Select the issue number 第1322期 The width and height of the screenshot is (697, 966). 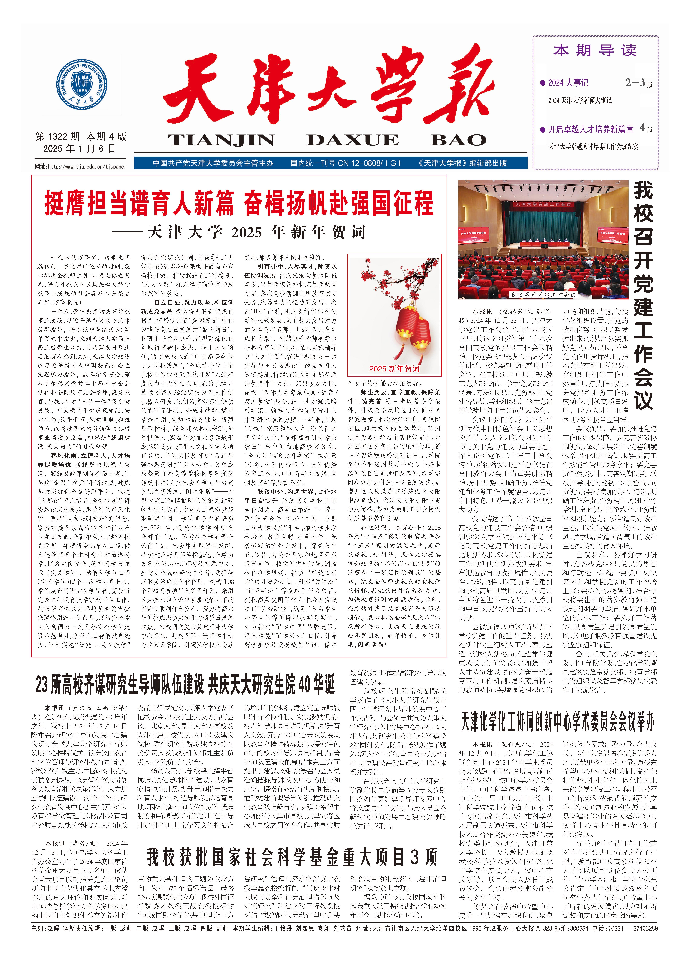[x=58, y=137]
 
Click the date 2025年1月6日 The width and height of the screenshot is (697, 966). [x=79, y=149]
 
